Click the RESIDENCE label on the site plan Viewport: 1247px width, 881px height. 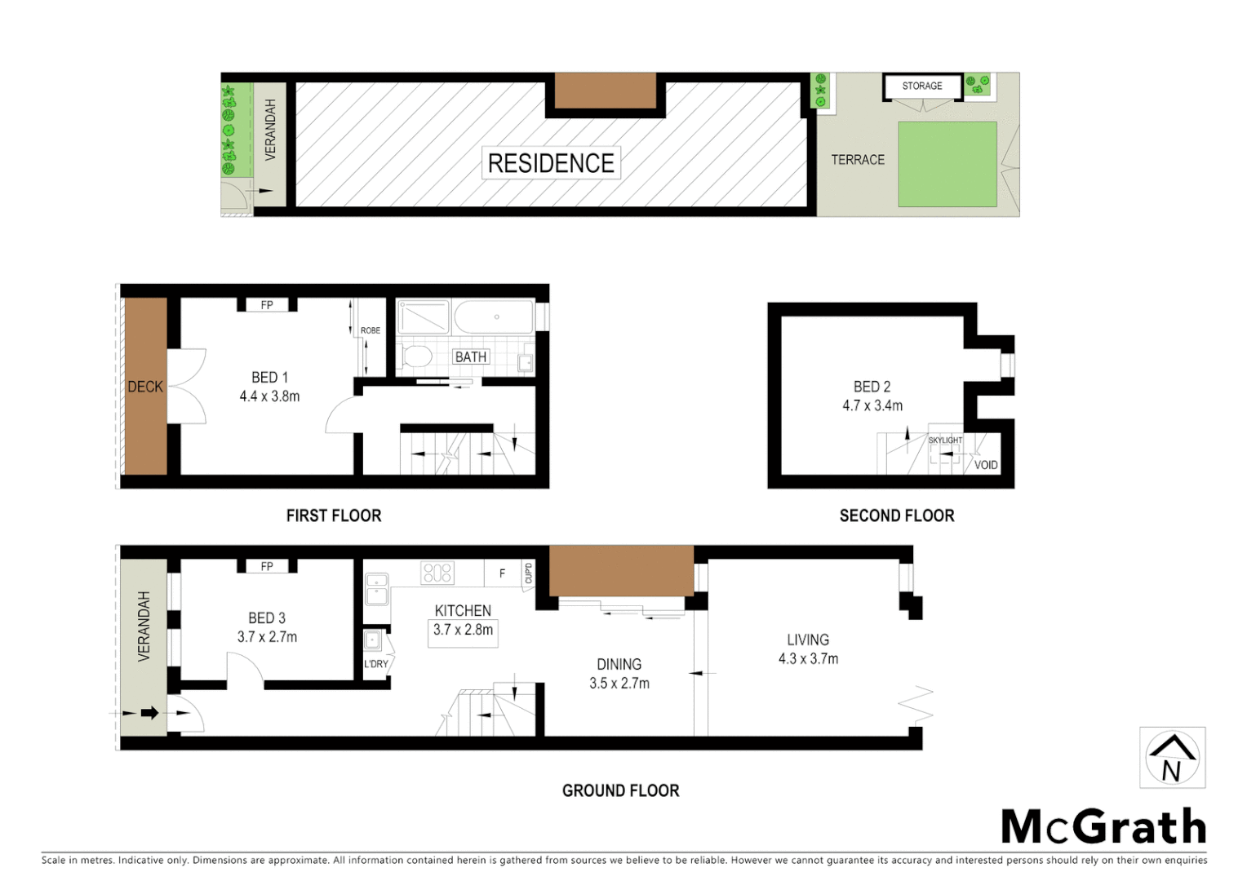coord(551,163)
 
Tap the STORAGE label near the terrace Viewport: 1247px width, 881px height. coord(921,86)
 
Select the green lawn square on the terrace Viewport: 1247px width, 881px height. coord(947,164)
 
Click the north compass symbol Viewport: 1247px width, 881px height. coord(1172,758)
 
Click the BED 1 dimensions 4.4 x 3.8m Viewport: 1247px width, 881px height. coord(269,396)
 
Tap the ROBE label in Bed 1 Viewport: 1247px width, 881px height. coord(371,330)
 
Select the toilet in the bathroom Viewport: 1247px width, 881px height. coord(418,357)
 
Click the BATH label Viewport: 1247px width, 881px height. coord(471,356)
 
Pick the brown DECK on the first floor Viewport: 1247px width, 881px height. coord(145,386)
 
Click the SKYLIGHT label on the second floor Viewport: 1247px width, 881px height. coord(945,440)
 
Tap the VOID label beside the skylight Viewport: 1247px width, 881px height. coord(986,465)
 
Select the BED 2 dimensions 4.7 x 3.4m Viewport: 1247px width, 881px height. coord(872,405)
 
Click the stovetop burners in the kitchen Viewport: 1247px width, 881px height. coord(437,573)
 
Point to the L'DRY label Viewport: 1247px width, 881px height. coord(376,664)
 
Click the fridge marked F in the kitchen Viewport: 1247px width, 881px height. coord(502,573)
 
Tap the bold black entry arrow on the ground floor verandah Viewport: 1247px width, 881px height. coord(149,713)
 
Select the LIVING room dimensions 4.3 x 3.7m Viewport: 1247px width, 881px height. coord(808,659)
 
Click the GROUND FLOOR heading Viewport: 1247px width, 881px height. coord(620,790)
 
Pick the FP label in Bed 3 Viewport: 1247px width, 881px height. coord(267,566)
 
